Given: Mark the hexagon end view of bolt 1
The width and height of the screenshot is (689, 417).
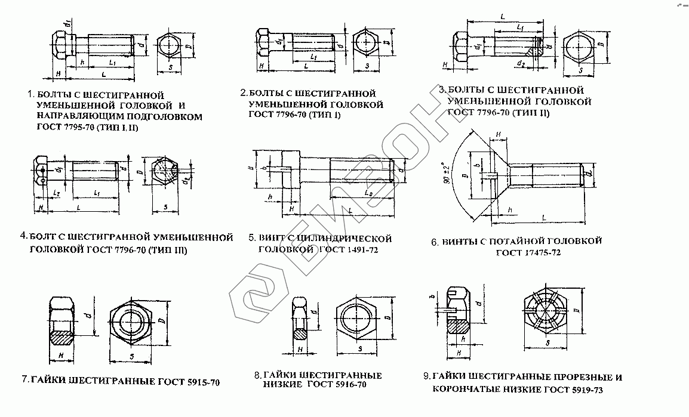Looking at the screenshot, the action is click(x=173, y=47).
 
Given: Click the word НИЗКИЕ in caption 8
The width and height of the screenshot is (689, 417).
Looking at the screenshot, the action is click(x=283, y=385).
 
